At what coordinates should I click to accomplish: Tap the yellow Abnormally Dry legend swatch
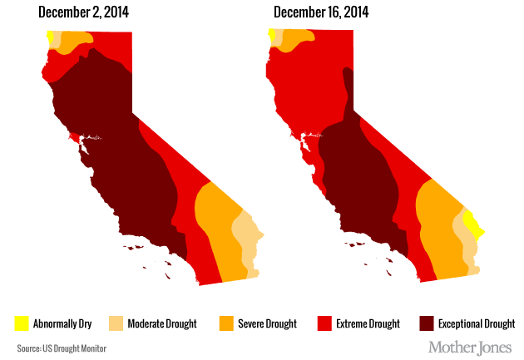point(22,323)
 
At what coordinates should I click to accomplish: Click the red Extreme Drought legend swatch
point(326,323)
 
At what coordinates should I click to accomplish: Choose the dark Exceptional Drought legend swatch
point(425,323)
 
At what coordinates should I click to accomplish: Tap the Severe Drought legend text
point(265,323)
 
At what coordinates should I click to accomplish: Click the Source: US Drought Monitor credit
point(62,347)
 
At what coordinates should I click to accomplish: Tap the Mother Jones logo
point(471,346)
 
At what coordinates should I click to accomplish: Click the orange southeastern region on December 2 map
point(215,224)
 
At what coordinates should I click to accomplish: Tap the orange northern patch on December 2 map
point(75,39)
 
